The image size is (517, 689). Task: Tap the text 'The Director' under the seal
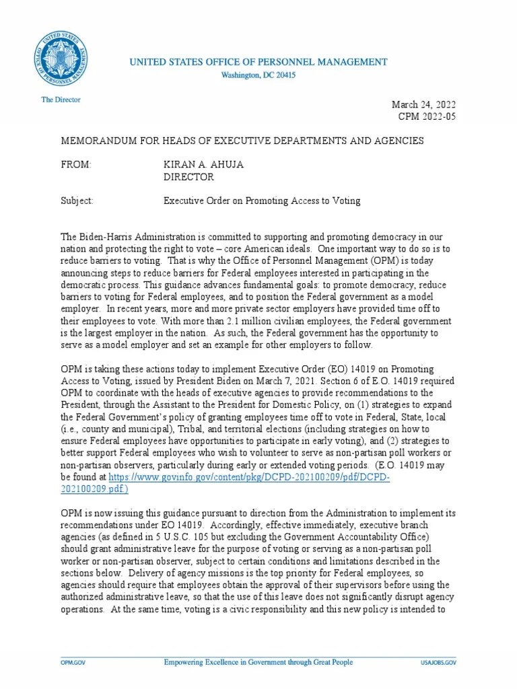tap(61, 100)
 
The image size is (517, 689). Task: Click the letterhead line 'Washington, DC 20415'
tap(258, 75)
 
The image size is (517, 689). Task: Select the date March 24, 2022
tap(423, 104)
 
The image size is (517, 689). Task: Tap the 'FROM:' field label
tap(76, 165)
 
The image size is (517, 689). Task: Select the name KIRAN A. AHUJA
tap(205, 165)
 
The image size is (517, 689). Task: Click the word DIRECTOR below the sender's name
tap(189, 177)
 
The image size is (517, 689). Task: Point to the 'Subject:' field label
tap(77, 201)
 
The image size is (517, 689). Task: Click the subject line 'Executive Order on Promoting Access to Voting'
tap(263, 201)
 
